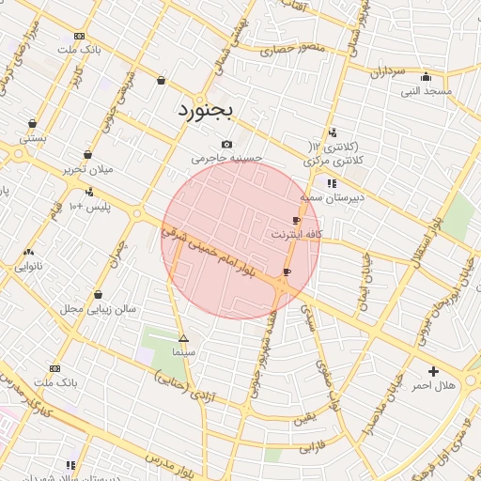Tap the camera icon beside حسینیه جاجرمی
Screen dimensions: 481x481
226,144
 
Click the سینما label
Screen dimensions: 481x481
182,352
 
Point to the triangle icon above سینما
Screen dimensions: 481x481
182,338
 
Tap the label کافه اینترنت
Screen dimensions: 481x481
297,233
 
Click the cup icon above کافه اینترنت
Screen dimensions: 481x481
297,220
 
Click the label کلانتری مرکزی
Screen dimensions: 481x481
335,162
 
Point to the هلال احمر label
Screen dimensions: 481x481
433,385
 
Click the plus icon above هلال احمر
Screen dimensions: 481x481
433,371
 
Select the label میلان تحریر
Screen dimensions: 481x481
87,169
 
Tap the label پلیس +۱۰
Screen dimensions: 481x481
90,206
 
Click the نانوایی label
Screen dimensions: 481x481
28,267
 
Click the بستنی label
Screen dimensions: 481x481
33,137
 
